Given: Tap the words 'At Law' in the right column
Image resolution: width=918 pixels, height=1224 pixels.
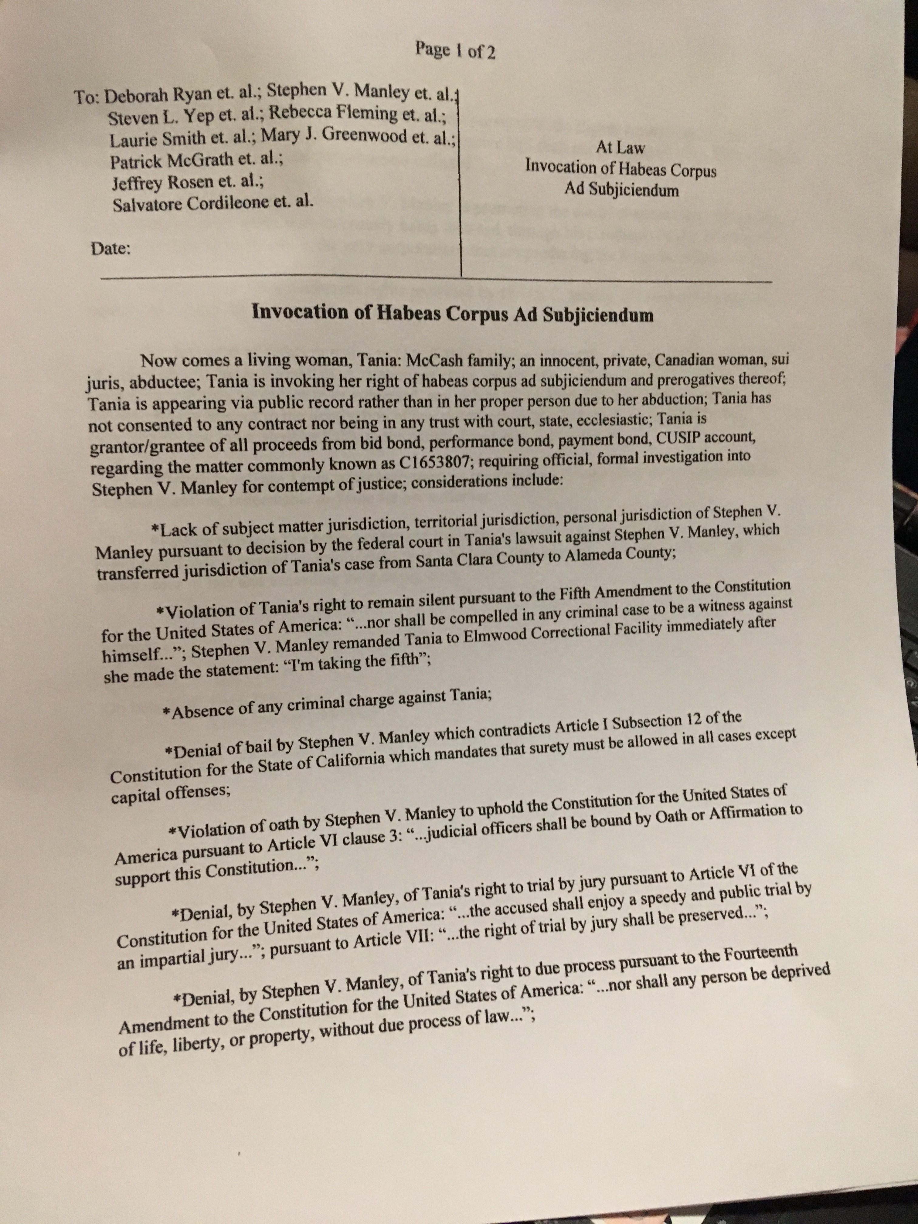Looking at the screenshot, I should coord(620,147).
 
